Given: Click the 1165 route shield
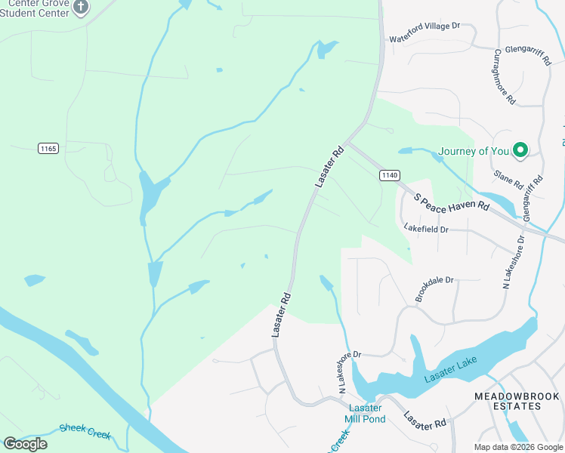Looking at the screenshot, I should (48, 148).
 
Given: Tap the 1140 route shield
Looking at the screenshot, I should (389, 175).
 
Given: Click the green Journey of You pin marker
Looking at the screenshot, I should (520, 150).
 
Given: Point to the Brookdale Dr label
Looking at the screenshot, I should (434, 290).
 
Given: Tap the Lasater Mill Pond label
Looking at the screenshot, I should (366, 414).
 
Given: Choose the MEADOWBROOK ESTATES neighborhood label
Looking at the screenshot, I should (517, 401).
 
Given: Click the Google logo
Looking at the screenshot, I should (25, 444).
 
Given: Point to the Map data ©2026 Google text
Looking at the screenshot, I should (519, 447).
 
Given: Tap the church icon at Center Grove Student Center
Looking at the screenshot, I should (82, 8).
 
